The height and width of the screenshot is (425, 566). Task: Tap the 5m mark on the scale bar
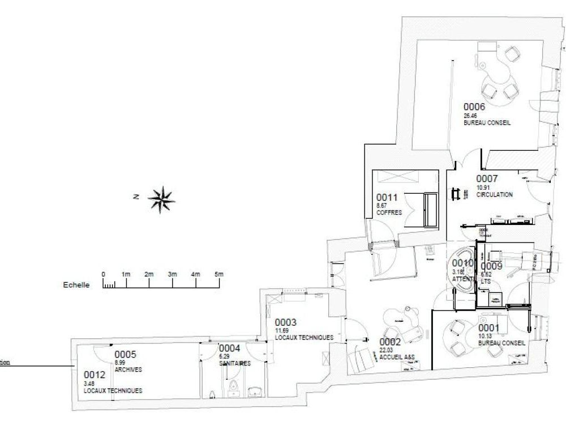pyautogui.click(x=218, y=274)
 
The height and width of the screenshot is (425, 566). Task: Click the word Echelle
pyautogui.click(x=76, y=286)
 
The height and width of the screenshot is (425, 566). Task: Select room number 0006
pyautogui.click(x=475, y=106)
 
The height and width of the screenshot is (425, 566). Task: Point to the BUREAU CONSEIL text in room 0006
pyautogui.click(x=487, y=122)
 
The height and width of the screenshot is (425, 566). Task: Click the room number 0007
pyautogui.click(x=487, y=178)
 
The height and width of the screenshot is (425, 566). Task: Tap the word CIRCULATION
pyautogui.click(x=494, y=195)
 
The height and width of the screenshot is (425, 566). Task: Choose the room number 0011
pyautogui.click(x=388, y=197)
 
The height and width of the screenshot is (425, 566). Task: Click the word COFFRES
pyautogui.click(x=389, y=213)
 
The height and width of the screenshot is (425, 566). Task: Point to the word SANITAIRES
pyautogui.click(x=235, y=363)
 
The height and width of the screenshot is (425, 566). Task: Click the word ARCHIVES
pyautogui.click(x=128, y=369)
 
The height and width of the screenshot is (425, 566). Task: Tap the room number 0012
pyautogui.click(x=95, y=375)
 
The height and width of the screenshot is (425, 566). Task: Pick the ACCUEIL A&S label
pyautogui.click(x=397, y=357)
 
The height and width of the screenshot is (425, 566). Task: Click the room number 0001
pyautogui.click(x=489, y=327)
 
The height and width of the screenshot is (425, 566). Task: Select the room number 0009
pyautogui.click(x=492, y=266)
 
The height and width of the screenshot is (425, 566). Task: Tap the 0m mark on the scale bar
pyautogui.click(x=103, y=274)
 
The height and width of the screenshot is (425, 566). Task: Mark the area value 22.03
pyautogui.click(x=386, y=350)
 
